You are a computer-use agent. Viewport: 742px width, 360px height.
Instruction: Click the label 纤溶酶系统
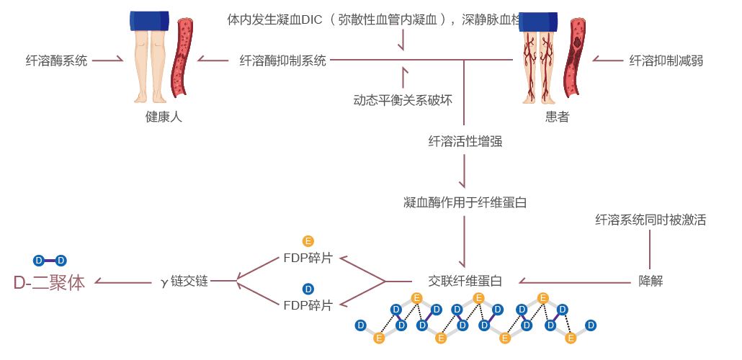click(56, 60)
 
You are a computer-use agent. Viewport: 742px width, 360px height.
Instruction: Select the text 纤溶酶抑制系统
click(282, 60)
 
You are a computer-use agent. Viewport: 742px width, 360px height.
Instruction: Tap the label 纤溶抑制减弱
click(666, 60)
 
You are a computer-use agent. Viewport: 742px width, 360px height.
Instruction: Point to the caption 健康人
click(164, 117)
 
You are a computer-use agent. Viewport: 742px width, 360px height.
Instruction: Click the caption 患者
click(557, 117)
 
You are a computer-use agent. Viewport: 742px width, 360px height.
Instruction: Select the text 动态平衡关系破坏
click(403, 100)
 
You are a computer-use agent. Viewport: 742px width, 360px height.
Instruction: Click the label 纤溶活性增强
click(465, 141)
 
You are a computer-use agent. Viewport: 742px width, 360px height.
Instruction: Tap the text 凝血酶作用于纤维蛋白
click(465, 202)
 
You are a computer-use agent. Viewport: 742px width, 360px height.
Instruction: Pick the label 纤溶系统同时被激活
click(651, 220)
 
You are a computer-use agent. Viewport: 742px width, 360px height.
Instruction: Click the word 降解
click(651, 281)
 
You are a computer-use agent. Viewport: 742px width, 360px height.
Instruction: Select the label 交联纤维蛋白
click(465, 281)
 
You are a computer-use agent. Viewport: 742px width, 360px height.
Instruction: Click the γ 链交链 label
click(184, 282)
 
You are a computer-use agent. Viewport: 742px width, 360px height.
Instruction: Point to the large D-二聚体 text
click(49, 283)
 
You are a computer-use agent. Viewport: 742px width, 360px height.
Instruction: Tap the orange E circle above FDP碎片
click(308, 241)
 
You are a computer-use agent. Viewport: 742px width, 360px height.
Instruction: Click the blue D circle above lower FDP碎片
click(308, 289)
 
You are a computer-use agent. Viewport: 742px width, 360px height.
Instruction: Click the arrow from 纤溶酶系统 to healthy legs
click(108, 60)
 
